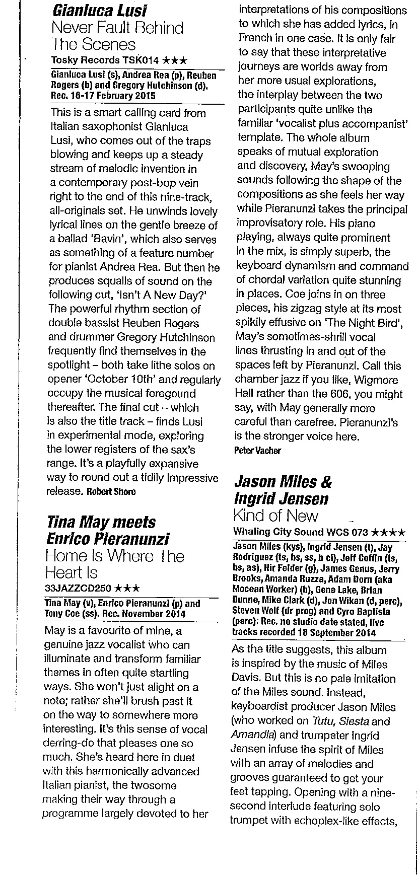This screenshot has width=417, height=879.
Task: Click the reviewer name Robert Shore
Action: click(x=111, y=491)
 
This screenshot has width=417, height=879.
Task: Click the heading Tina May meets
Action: click(x=101, y=522)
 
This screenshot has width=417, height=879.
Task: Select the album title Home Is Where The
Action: click(x=115, y=556)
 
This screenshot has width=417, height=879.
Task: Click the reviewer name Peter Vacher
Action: click(x=257, y=451)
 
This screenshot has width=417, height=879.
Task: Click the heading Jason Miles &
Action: click(x=283, y=482)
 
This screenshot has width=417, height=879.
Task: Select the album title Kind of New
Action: click(x=276, y=516)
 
